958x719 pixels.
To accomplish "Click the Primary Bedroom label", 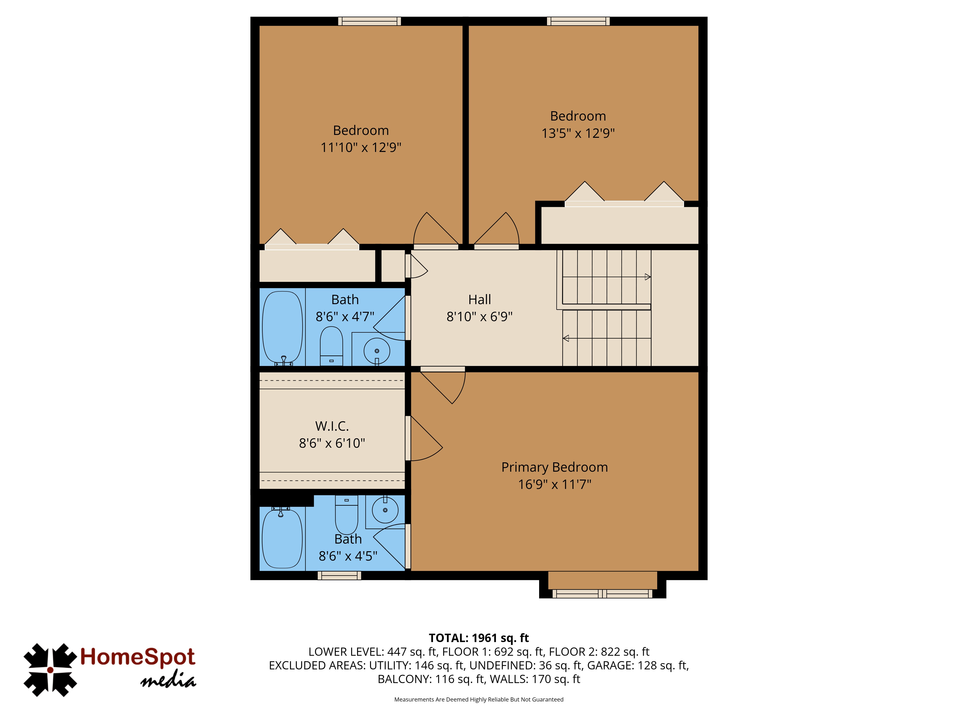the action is pos(554,467).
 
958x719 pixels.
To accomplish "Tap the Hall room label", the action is pos(479,300).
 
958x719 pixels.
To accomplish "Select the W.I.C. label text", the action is pos(332,426).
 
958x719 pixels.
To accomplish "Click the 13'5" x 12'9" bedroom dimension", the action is pos(578,133).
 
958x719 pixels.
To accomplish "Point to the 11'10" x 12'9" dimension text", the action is pos(361,147).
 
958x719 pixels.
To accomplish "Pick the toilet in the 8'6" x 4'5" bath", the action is pos(347,515).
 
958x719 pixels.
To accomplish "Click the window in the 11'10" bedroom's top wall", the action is pos(369,21).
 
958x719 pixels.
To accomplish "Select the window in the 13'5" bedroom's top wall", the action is pos(578,21).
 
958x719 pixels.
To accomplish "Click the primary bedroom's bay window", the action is pos(602,594).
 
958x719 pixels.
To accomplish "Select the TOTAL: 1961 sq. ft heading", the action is pos(479,638).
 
